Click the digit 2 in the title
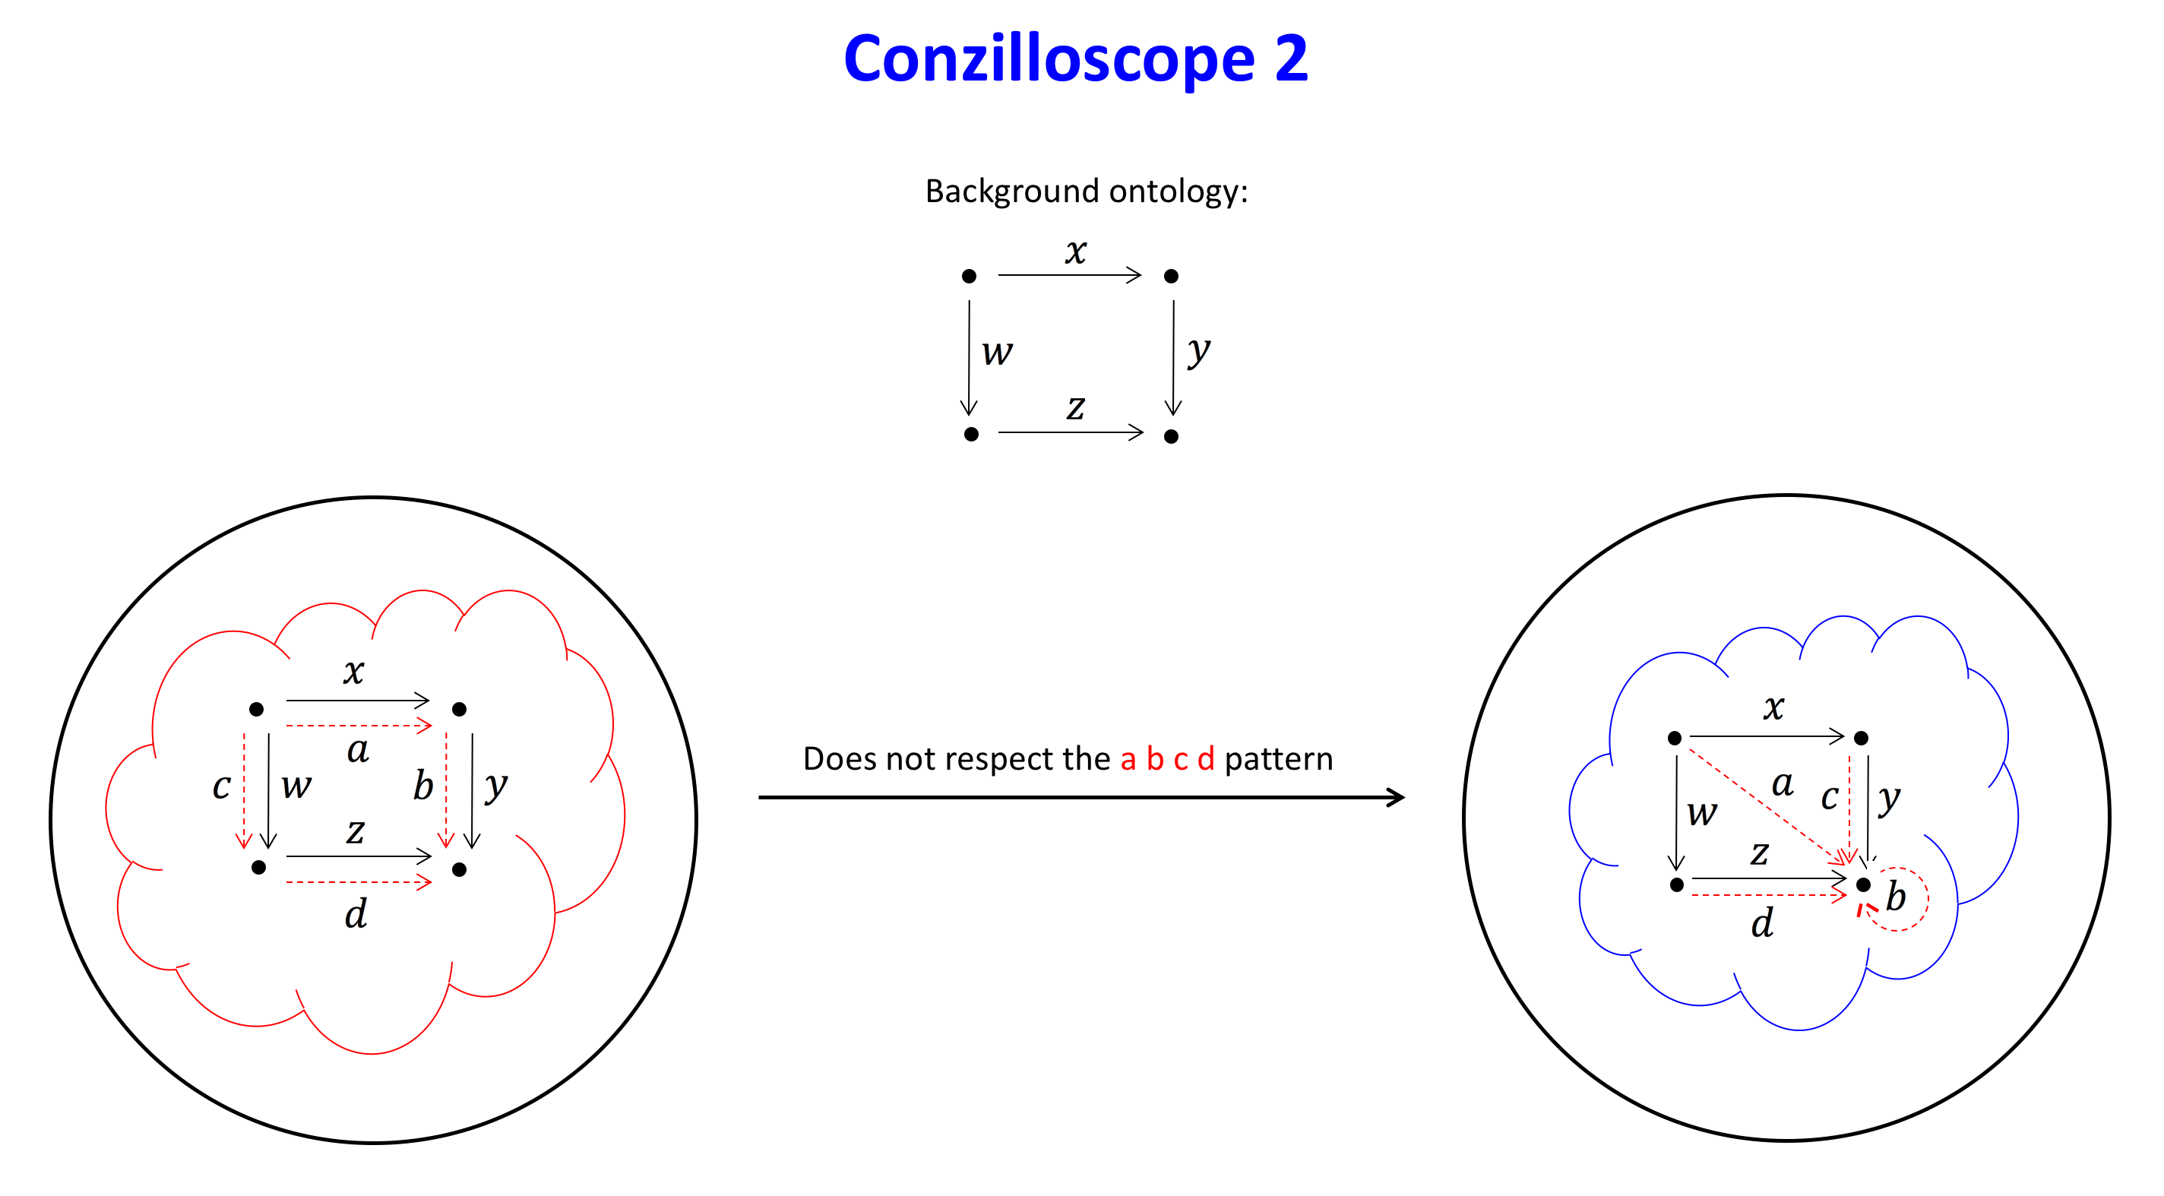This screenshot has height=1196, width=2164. coord(1291,59)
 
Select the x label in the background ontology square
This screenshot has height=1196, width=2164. coord(1076,250)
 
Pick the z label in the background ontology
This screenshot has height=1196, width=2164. coord(1076,407)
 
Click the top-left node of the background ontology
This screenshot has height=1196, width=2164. coord(969,277)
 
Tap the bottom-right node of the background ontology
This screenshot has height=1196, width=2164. coord(1171,436)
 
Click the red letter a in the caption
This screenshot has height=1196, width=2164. coord(1128,759)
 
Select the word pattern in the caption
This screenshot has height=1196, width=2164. coord(1278,759)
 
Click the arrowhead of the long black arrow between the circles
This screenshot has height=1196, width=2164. coord(1396,797)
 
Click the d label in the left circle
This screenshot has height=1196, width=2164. coord(356,914)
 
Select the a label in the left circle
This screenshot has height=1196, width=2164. coord(358,749)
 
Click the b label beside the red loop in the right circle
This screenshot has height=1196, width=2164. coord(1896,897)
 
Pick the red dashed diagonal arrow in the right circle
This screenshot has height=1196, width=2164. coord(1764,805)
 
